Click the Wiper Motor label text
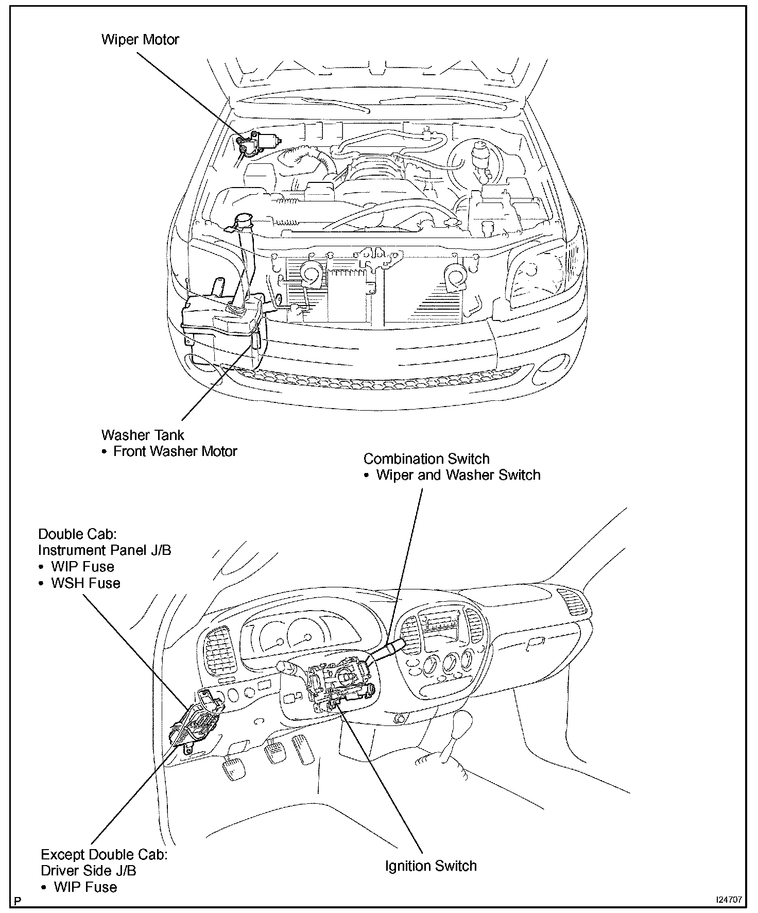tap(140, 40)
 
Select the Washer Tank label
tap(143, 435)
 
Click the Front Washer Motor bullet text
tap(175, 451)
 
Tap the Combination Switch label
tap(426, 459)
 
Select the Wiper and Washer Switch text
tap(458, 475)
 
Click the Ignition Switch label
tap(431, 866)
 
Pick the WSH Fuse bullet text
tap(85, 583)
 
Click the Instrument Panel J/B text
tap(105, 550)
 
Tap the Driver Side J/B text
tap(89, 870)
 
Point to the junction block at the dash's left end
tap(198, 719)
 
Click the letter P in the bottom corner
tap(19, 901)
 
